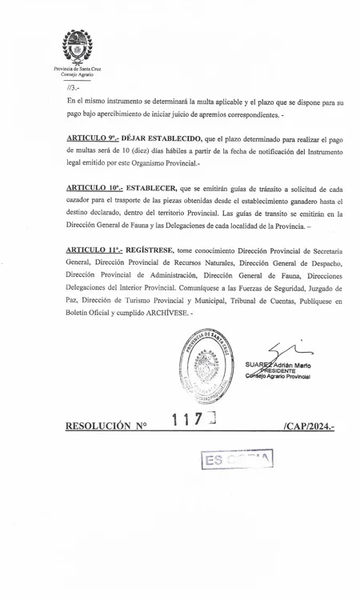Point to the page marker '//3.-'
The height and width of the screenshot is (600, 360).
(x=73, y=88)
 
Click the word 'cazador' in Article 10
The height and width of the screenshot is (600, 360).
(x=82, y=202)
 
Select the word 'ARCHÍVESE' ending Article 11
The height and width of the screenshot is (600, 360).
(x=166, y=312)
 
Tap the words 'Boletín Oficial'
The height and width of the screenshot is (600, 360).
(x=89, y=312)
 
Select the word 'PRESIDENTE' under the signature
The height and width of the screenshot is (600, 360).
(x=274, y=371)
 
